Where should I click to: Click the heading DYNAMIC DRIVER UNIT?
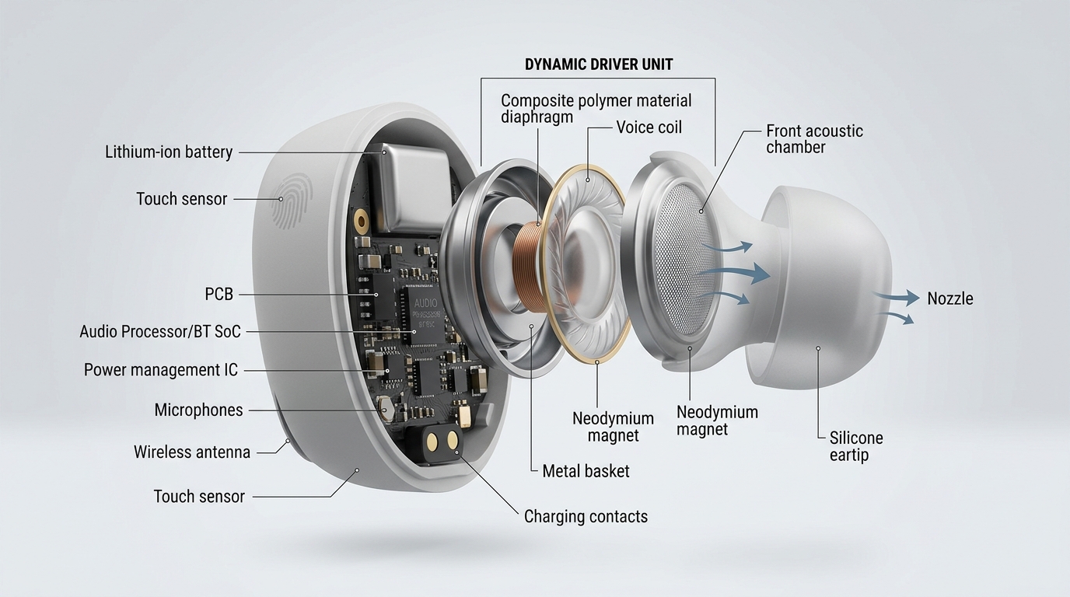click(x=599, y=65)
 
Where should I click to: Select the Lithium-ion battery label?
click(x=169, y=152)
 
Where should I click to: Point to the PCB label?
click(x=219, y=295)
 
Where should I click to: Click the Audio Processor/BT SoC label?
click(x=160, y=332)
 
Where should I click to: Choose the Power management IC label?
click(x=161, y=370)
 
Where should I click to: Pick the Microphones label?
click(x=198, y=410)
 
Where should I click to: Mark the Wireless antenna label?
click(x=192, y=452)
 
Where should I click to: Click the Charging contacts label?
click(x=586, y=516)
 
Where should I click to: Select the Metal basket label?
click(x=586, y=470)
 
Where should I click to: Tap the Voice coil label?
click(x=649, y=127)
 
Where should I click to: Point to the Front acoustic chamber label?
click(x=814, y=138)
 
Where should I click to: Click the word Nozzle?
click(x=949, y=298)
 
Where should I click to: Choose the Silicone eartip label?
click(x=855, y=446)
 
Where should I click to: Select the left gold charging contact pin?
click(x=432, y=441)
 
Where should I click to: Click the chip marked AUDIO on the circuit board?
click(x=426, y=310)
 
